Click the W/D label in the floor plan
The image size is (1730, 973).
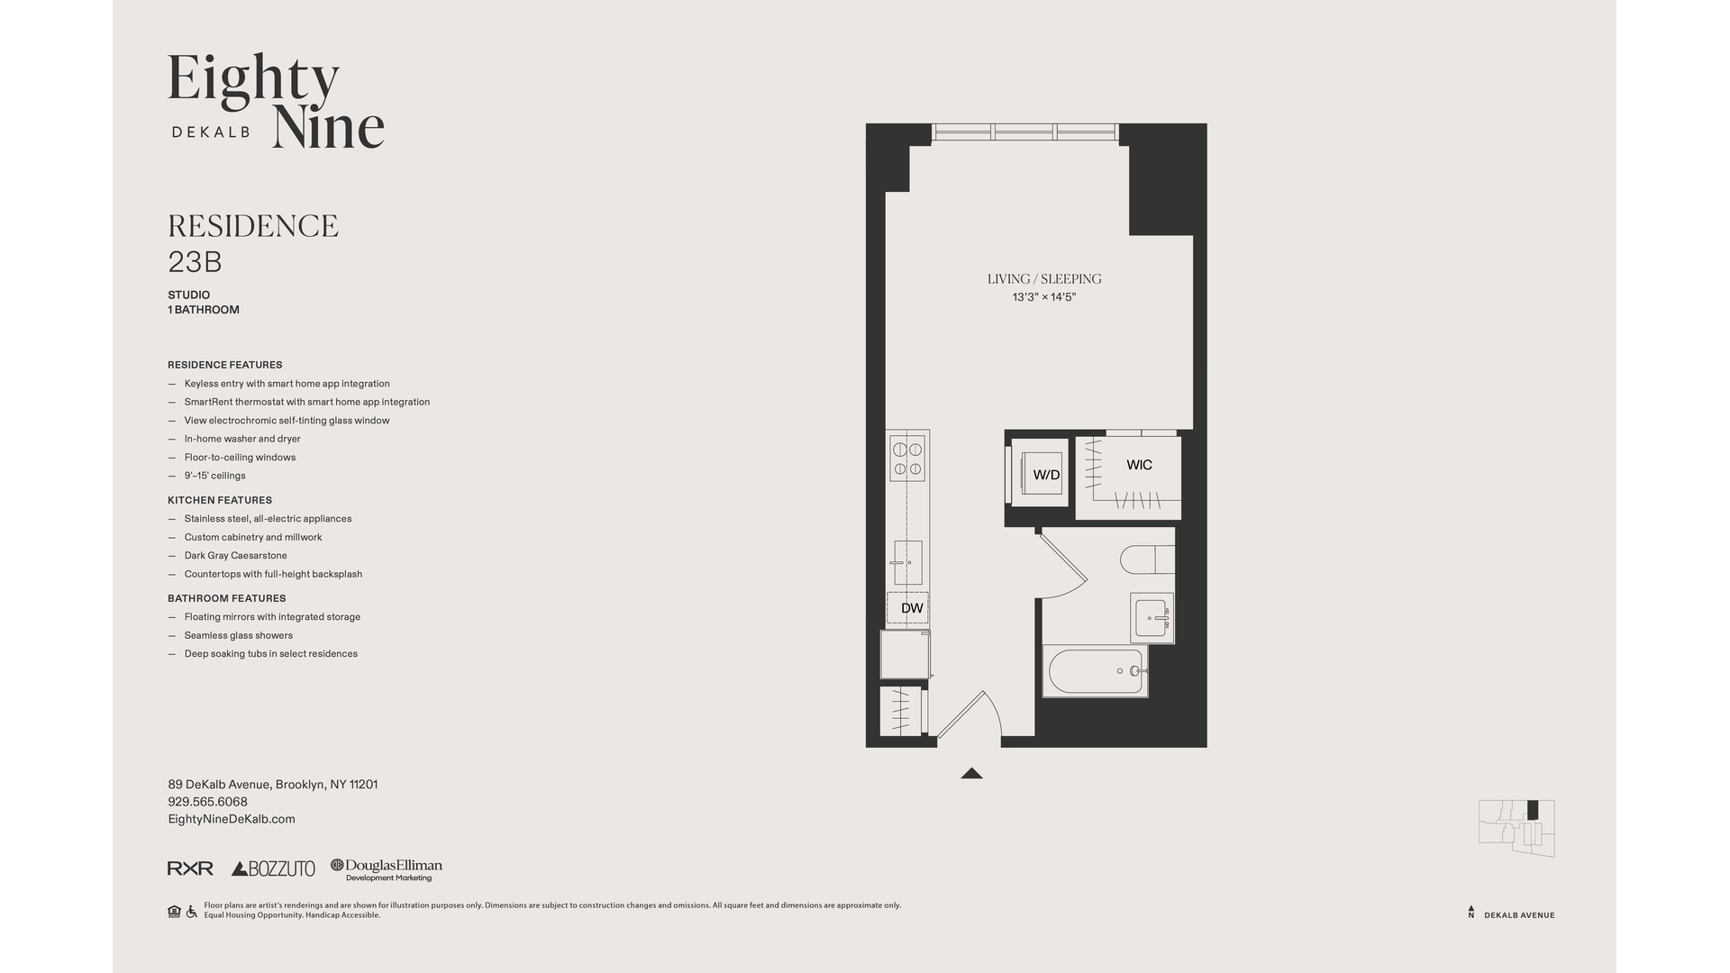[1045, 475]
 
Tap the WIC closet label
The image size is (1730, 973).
[1139, 465]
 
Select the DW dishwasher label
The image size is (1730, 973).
[912, 608]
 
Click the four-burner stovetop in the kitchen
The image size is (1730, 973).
[907, 459]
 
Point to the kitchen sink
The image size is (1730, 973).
[907, 562]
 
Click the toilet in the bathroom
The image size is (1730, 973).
[1146, 559]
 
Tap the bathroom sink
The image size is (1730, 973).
[1152, 618]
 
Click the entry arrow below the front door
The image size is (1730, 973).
[971, 773]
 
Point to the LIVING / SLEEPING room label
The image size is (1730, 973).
[1044, 279]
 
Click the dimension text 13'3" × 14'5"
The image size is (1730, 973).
[1044, 297]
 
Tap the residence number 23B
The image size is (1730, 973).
[195, 262]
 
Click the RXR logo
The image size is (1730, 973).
[190, 868]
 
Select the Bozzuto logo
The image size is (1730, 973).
[273, 868]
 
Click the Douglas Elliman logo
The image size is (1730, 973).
[387, 868]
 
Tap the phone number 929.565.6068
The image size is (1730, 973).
[207, 802]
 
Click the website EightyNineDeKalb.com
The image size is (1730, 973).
[232, 819]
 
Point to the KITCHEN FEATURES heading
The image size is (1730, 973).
[220, 500]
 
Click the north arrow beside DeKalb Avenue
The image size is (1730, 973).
[1471, 912]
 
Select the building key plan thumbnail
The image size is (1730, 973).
[1516, 827]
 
